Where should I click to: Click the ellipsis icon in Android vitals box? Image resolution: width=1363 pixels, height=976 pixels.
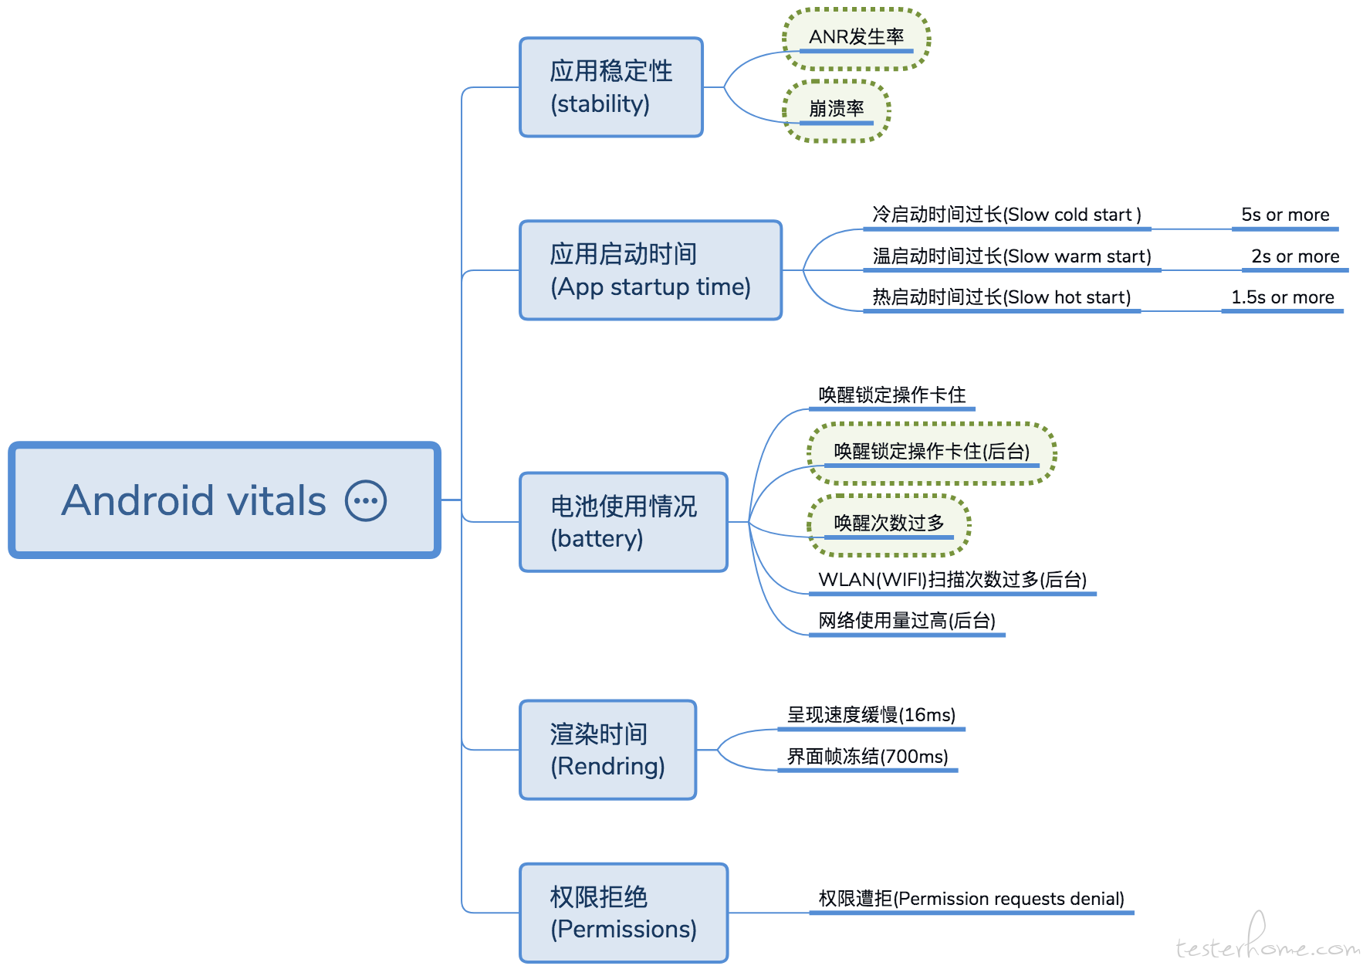(x=366, y=501)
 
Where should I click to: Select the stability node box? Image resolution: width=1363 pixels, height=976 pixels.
(x=611, y=87)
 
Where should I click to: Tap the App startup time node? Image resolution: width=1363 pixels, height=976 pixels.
(x=651, y=270)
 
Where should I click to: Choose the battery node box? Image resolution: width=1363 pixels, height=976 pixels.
(x=624, y=522)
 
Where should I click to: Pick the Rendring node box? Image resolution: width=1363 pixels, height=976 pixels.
(x=608, y=750)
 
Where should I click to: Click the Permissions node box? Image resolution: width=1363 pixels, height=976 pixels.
(x=624, y=913)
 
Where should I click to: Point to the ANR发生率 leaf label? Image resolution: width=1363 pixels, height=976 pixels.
(x=856, y=37)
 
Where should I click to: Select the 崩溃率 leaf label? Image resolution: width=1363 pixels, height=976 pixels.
(x=837, y=109)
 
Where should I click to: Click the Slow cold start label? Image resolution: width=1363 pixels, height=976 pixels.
(x=1006, y=215)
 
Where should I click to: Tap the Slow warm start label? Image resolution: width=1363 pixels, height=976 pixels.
(x=1012, y=256)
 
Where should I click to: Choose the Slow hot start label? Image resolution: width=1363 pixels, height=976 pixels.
(x=1001, y=297)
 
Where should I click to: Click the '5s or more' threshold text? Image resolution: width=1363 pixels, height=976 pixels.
(x=1285, y=215)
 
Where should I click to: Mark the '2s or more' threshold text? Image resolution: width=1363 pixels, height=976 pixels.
(x=1295, y=256)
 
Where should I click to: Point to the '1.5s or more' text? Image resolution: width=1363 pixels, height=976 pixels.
(x=1282, y=297)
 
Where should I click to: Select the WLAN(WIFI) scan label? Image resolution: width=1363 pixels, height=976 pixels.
(x=952, y=580)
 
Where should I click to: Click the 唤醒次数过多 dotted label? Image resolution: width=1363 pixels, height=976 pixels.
(x=889, y=524)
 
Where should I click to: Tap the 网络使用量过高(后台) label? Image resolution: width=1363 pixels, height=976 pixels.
(x=907, y=621)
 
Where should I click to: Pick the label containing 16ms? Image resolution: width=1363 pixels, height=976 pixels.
(x=871, y=715)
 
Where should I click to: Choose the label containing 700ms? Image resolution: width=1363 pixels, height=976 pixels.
(x=868, y=757)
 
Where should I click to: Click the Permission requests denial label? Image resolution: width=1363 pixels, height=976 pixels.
(x=971, y=899)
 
